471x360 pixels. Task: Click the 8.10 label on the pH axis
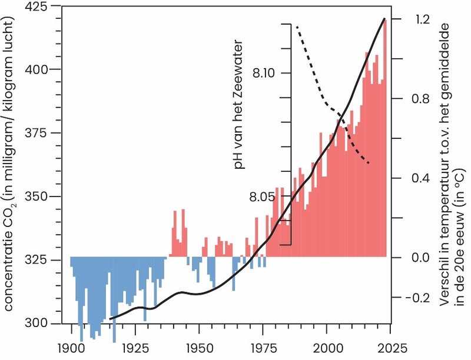click(x=266, y=73)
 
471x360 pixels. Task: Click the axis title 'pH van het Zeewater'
click(x=239, y=106)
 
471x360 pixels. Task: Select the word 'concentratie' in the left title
click(x=12, y=276)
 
